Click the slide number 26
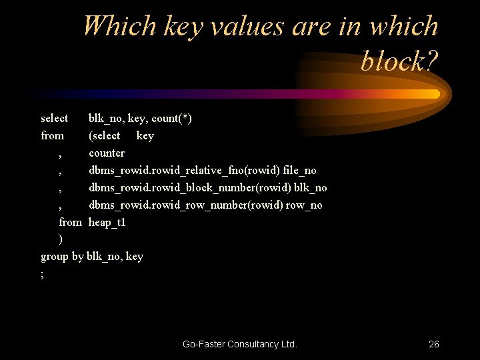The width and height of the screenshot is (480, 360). point(433,344)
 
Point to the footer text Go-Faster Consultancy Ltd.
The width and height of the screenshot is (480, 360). point(239,344)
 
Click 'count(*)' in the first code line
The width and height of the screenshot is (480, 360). point(172,119)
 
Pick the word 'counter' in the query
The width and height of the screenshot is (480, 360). point(107,153)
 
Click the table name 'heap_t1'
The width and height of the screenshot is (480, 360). point(107,222)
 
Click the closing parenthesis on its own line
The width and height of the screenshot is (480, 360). point(61,239)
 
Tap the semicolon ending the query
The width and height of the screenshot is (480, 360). point(43,274)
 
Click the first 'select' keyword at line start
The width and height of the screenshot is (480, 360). point(54,119)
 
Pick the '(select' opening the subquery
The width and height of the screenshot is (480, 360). point(105,136)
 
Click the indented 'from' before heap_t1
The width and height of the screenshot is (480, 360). point(70,222)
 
